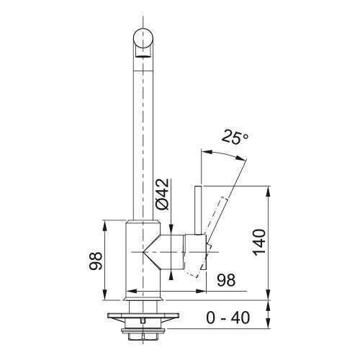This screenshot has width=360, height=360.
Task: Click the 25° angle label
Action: point(235,137)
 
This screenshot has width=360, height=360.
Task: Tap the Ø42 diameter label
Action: point(163,194)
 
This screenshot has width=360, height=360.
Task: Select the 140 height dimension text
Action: point(259,243)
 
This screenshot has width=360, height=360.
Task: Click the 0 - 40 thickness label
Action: point(228,318)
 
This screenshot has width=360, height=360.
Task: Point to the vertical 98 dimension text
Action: point(96,261)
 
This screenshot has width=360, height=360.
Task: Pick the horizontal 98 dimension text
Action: point(226,280)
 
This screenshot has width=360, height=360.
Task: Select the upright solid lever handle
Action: point(198,210)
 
